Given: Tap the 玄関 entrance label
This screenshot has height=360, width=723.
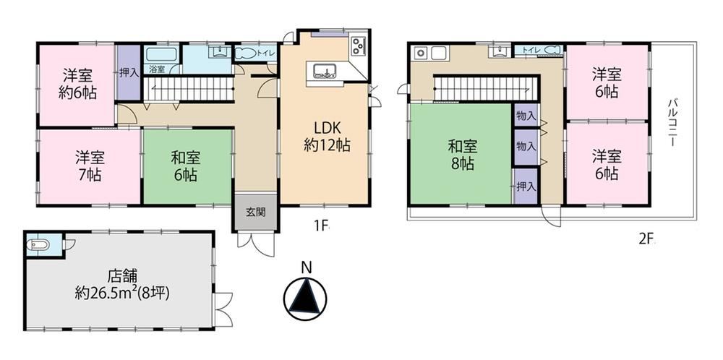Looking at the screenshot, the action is [x=255, y=213].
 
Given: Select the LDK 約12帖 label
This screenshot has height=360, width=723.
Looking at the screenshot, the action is [x=327, y=137].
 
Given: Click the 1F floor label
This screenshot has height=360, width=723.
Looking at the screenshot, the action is [x=321, y=226].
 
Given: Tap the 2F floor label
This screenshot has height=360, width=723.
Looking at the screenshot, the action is [x=647, y=239].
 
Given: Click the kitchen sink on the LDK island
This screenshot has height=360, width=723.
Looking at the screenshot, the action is [x=325, y=72].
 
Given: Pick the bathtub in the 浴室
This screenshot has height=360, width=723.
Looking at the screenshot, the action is [x=162, y=54].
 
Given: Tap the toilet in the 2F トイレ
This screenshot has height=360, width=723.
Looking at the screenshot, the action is [x=550, y=50].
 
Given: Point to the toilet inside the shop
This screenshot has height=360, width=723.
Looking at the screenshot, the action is [x=38, y=245].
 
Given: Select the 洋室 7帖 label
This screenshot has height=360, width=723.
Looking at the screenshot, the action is [x=90, y=167].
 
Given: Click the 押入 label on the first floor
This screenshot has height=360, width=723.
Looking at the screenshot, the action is [x=129, y=73].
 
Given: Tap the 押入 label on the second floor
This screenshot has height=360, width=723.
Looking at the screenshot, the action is [x=526, y=187].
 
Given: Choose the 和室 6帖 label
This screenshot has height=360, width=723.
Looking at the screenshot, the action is [x=185, y=167].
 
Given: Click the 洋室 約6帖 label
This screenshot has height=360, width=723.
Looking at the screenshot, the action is [x=77, y=84].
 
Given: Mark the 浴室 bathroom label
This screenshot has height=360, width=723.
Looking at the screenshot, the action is [x=157, y=69].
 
